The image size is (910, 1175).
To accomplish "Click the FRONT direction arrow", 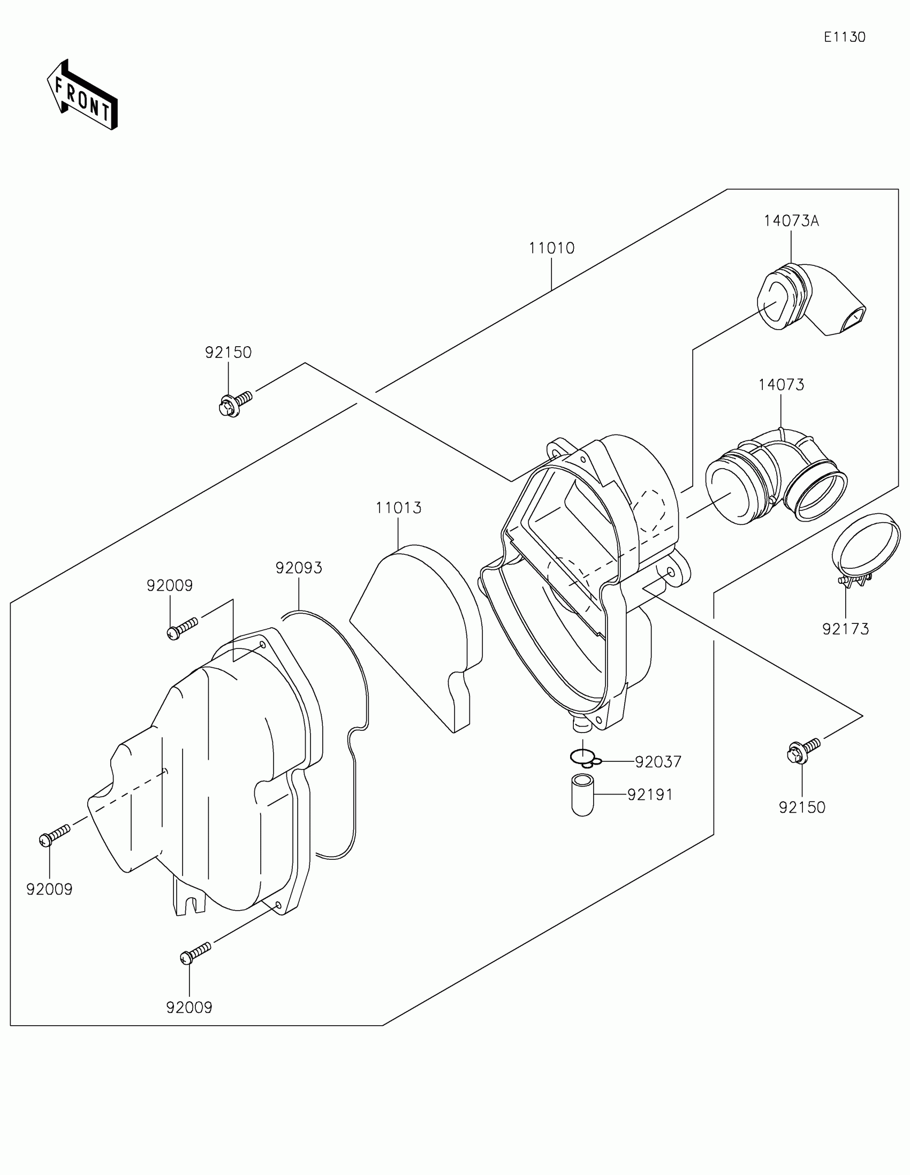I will pos(82,95).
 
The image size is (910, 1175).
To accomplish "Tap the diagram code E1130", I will pos(844,37).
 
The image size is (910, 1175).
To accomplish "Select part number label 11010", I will pos(551,248).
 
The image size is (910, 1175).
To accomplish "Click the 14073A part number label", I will pos(791,221).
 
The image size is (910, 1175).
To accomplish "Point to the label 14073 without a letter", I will pos(782,385).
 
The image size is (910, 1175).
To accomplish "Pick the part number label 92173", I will pos(845,629).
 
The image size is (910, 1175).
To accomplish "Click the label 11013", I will pos(398,507).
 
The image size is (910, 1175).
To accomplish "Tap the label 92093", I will pos(299,568).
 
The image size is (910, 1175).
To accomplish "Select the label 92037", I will pos(658,762).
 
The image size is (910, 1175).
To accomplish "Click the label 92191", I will pos(650,795).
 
